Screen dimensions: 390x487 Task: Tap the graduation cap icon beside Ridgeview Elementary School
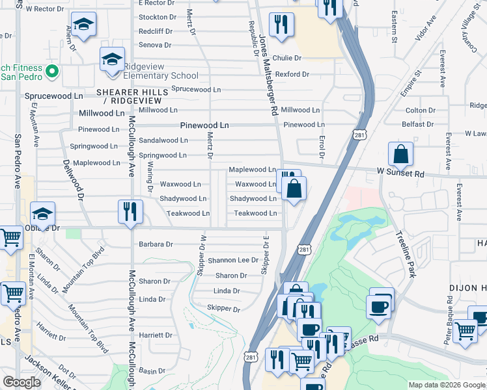(x=112, y=60)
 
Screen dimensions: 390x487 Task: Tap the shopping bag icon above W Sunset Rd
(x=400, y=155)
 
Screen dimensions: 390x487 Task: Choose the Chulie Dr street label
(x=287, y=58)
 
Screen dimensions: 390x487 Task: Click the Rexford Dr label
(x=292, y=74)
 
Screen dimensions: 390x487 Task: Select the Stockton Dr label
(x=157, y=17)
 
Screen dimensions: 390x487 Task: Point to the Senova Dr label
(x=154, y=45)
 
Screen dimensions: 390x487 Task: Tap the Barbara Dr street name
(x=156, y=244)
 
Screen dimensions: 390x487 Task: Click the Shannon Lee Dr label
(x=233, y=260)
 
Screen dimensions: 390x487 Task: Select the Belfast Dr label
(x=417, y=124)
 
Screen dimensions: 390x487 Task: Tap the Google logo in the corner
(x=21, y=382)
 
